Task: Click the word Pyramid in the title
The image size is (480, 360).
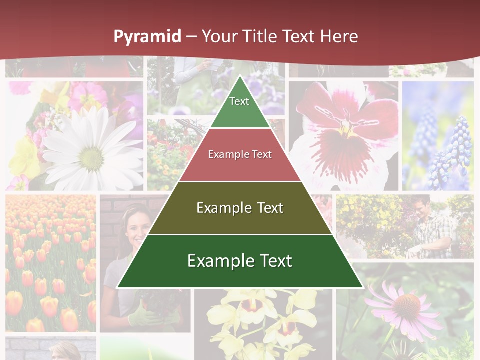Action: coord(147,37)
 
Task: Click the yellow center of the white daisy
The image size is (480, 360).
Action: coord(92,158)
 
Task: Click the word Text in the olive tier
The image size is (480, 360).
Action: coord(267,208)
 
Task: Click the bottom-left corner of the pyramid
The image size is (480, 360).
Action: coord(118,287)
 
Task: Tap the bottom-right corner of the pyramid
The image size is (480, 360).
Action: coord(362,287)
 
